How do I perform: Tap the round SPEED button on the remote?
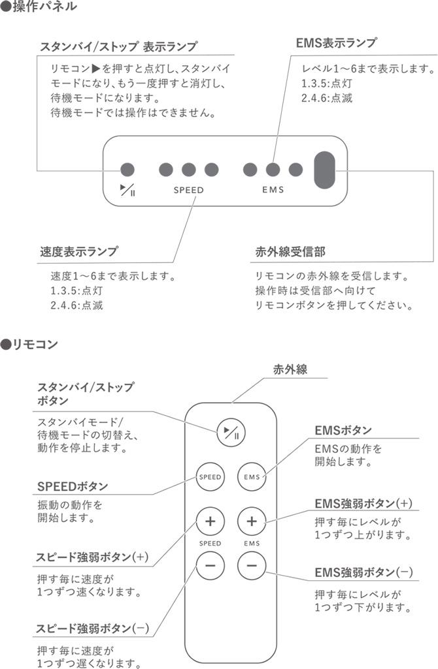point(210,476)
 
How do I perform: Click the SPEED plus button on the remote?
point(210,522)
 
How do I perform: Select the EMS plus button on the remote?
point(252,522)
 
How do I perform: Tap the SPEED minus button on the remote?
point(210,565)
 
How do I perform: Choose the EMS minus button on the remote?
point(252,565)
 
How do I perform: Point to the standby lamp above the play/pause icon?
point(127,170)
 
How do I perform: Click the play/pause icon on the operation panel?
point(127,190)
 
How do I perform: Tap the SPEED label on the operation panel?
point(188,191)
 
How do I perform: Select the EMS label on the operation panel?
point(273,191)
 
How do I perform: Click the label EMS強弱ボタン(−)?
point(363,572)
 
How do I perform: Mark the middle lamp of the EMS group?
point(273,170)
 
